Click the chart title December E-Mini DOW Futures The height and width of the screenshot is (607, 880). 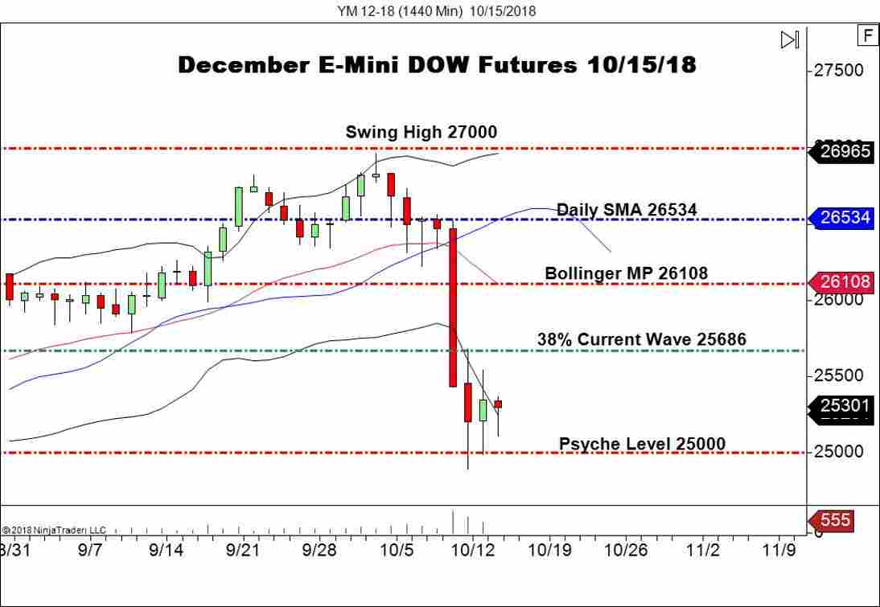point(437,65)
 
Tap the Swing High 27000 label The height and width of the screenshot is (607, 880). point(421,132)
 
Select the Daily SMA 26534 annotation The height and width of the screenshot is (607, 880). point(627,210)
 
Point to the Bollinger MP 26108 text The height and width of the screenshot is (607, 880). point(626,273)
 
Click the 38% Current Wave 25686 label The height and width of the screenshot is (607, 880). point(641,339)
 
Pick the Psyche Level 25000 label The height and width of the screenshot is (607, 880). point(641,444)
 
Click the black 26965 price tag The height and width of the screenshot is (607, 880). point(845,151)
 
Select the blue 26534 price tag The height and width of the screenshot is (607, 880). point(845,218)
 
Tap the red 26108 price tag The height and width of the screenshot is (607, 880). point(845,282)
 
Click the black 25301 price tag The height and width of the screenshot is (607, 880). point(845,406)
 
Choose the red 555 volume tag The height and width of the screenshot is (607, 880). point(836,520)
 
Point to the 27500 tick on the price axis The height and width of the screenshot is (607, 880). point(838,71)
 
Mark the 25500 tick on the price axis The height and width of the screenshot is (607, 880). point(838,375)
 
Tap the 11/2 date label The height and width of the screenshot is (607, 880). point(702,551)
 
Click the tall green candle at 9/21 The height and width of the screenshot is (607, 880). point(239,207)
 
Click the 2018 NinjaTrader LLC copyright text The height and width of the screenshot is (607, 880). point(54,531)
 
